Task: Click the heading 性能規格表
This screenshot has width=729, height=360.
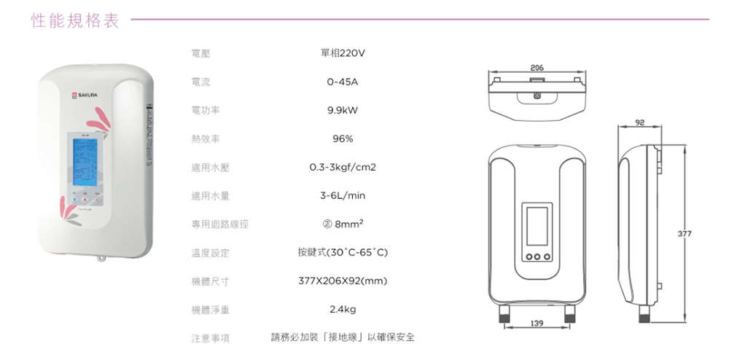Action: pyautogui.click(x=75, y=20)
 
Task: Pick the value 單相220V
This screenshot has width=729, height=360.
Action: pyautogui.click(x=342, y=54)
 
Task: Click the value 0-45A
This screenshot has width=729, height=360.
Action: pyautogui.click(x=342, y=82)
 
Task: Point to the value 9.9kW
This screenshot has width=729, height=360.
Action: pyautogui.click(x=342, y=111)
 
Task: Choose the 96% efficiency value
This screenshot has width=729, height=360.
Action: pyautogui.click(x=342, y=139)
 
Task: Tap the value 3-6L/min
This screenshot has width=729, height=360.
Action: pyautogui.click(x=342, y=196)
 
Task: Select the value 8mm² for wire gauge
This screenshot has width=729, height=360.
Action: pyautogui.click(x=342, y=224)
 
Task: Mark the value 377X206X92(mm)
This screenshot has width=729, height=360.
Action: pyautogui.click(x=342, y=281)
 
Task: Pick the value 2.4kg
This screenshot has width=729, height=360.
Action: pyautogui.click(x=342, y=310)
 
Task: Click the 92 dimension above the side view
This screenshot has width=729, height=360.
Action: pyautogui.click(x=639, y=123)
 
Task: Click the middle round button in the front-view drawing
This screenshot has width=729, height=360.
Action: pyautogui.click(x=537, y=257)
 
